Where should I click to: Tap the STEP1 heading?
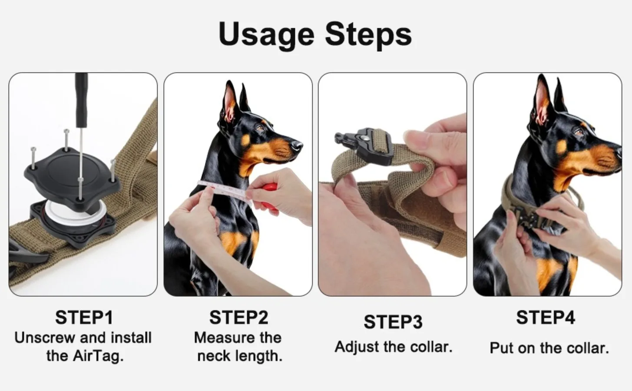[x=84, y=318]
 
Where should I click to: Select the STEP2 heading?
[x=238, y=318]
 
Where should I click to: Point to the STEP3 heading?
[x=393, y=321]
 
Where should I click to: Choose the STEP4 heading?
[x=546, y=318]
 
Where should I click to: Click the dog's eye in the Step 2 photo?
[x=259, y=128]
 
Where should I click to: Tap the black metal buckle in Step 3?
[x=367, y=145]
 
